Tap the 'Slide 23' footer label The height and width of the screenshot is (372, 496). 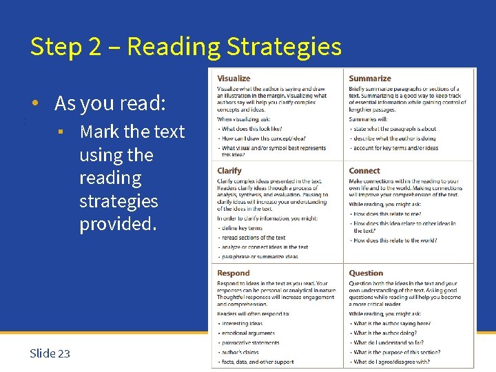[50, 353]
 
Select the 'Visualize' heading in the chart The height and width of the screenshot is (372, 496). [234, 79]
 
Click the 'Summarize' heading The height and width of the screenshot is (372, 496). [370, 79]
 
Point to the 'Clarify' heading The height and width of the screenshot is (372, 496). [229, 171]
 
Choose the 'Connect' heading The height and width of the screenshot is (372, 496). [364, 171]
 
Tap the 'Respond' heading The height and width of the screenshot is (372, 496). [234, 273]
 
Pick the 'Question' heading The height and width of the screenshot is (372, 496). [366, 273]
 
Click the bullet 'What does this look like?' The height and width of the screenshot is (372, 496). [252, 129]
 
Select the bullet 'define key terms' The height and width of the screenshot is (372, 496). [242, 228]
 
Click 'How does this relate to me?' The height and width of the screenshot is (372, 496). [387, 214]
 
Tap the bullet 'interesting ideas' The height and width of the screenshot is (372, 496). [242, 323]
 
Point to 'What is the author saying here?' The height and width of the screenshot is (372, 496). [392, 323]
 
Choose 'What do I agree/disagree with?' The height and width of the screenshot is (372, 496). [392, 362]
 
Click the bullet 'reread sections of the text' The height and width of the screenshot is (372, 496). [254, 238]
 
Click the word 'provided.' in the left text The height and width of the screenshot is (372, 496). [118, 225]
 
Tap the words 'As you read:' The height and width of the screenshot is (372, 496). [110, 103]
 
